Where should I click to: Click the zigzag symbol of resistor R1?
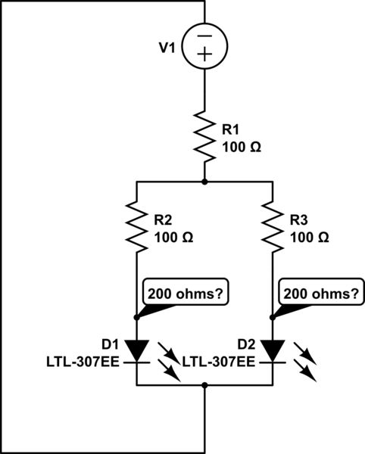[x=204, y=136]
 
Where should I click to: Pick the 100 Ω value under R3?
[x=310, y=237]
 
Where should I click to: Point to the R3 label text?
[x=300, y=221]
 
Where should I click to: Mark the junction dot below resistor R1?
[x=204, y=182]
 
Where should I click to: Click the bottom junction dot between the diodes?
[x=204, y=385]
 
